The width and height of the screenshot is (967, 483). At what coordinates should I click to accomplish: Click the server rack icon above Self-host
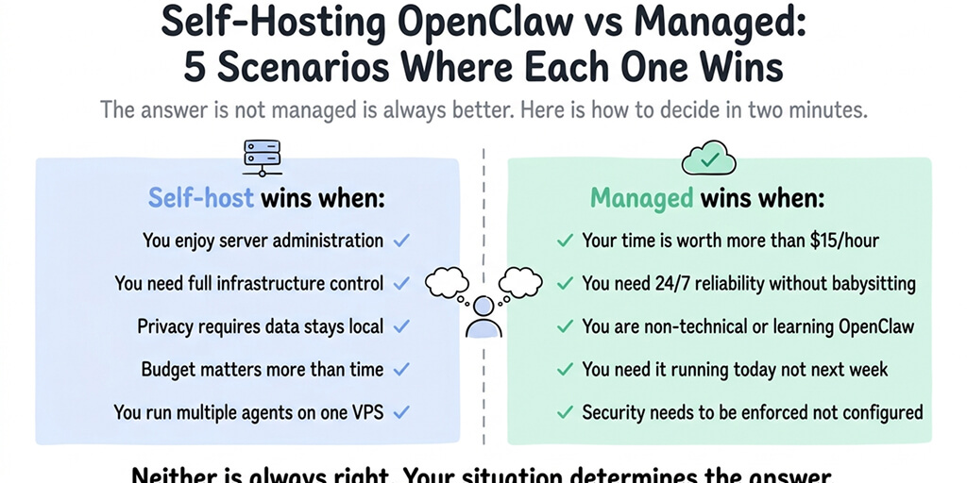[x=257, y=157]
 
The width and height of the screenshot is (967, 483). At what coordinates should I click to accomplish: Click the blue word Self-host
[x=201, y=199]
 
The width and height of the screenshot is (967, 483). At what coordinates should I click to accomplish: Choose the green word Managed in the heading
[x=642, y=199]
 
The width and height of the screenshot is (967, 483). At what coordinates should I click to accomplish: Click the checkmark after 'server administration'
[x=401, y=241]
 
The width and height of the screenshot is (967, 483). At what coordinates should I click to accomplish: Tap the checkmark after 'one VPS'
[x=401, y=412]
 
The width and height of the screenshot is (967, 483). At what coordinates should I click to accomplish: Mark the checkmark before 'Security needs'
[x=565, y=412]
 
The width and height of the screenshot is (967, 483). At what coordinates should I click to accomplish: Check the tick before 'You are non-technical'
[x=565, y=326]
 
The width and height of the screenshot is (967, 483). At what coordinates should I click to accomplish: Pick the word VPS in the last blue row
[x=365, y=412]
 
